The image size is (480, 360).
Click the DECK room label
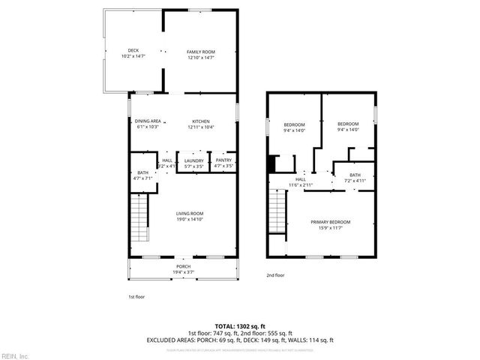133,51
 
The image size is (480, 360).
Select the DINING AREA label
148,121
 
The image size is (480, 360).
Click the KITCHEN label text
200,121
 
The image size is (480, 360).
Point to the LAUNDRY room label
194,160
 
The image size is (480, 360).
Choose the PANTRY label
223,160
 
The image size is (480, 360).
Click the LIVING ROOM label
190,214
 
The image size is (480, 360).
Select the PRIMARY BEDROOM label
331,222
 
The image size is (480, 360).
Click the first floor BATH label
142,173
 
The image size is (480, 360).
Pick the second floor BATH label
354,175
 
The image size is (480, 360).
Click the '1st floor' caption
136,297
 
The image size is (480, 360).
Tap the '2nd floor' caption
275,275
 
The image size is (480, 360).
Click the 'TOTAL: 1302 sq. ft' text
239,326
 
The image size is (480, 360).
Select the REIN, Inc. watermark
14,355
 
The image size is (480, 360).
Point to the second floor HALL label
300,179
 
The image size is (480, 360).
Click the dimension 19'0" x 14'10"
190,219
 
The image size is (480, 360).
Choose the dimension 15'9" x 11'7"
331,227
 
